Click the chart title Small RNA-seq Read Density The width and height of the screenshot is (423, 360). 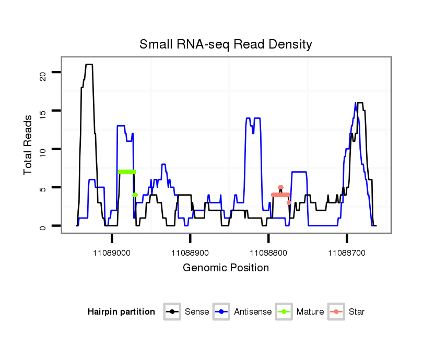[226, 44]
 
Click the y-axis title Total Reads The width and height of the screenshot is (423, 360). [29, 145]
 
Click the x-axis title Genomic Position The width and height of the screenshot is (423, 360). [226, 268]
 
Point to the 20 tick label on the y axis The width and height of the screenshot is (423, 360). [42, 73]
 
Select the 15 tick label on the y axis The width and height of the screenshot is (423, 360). [42, 111]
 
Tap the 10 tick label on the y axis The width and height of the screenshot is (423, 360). [42, 150]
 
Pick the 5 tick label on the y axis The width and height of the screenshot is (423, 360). [42, 188]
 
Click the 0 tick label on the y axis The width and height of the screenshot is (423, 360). [42, 226]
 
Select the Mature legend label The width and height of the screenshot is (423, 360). [310, 312]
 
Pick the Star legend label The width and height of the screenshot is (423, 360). [356, 312]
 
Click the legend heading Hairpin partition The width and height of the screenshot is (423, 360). [121, 312]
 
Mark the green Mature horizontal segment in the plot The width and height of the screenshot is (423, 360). [127, 172]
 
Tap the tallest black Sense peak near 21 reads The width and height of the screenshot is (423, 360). [89, 65]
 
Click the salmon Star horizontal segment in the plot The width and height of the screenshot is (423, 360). [280, 195]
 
